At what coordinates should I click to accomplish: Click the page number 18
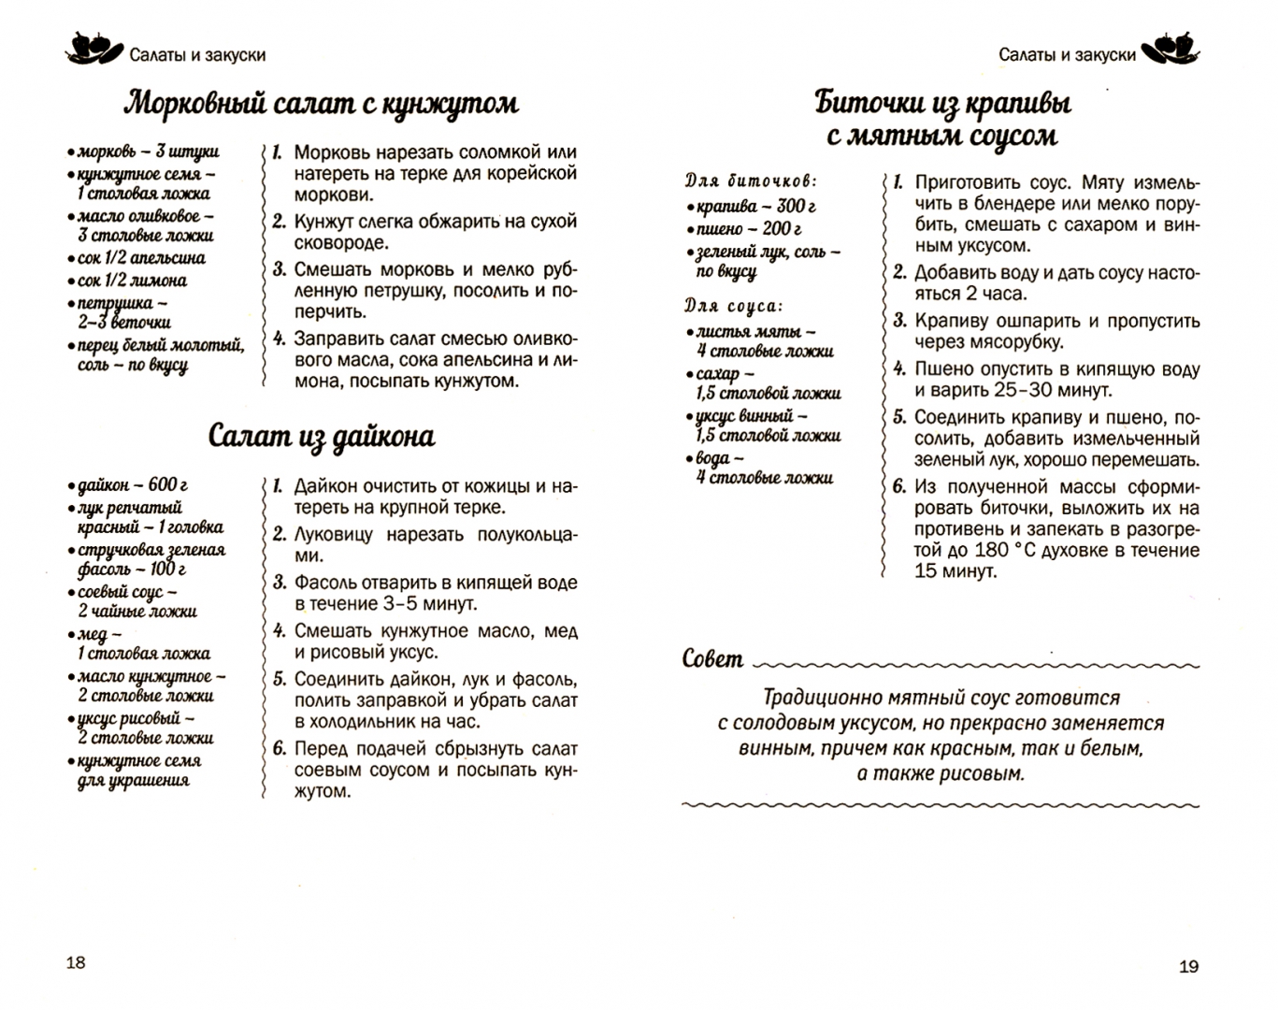coord(76,962)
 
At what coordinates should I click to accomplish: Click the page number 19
coord(1188,966)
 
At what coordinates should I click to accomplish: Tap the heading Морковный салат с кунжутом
coord(321,103)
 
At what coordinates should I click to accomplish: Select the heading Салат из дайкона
coord(321,437)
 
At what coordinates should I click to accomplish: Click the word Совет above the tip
coord(713,659)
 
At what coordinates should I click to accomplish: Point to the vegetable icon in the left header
coord(93,50)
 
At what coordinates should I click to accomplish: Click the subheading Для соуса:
coord(733,306)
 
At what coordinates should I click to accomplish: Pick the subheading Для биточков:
coord(751,180)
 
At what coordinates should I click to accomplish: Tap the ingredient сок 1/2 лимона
coord(132,281)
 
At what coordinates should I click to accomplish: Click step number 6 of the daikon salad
coord(278,749)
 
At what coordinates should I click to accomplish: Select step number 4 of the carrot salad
coord(278,339)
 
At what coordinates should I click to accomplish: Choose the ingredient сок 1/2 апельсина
coord(141,258)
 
